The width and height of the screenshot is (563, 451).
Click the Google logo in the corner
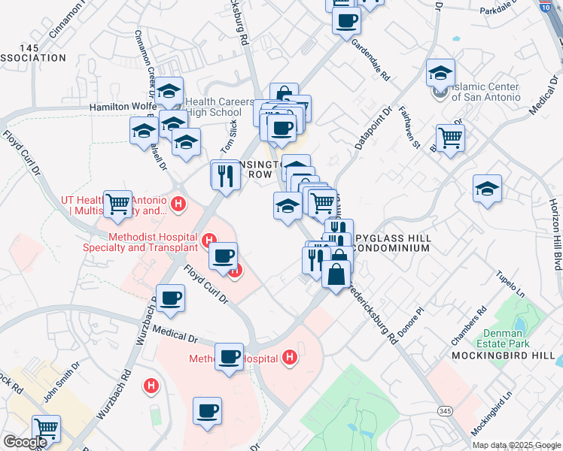coord(26,442)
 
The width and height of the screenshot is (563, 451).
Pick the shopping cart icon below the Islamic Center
coord(450,138)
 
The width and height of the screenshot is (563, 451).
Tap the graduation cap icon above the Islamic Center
coord(440,72)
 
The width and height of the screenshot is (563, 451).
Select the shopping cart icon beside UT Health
coord(117,203)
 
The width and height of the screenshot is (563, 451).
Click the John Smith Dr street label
coord(62,380)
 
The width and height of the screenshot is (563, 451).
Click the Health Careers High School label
coord(213,107)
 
